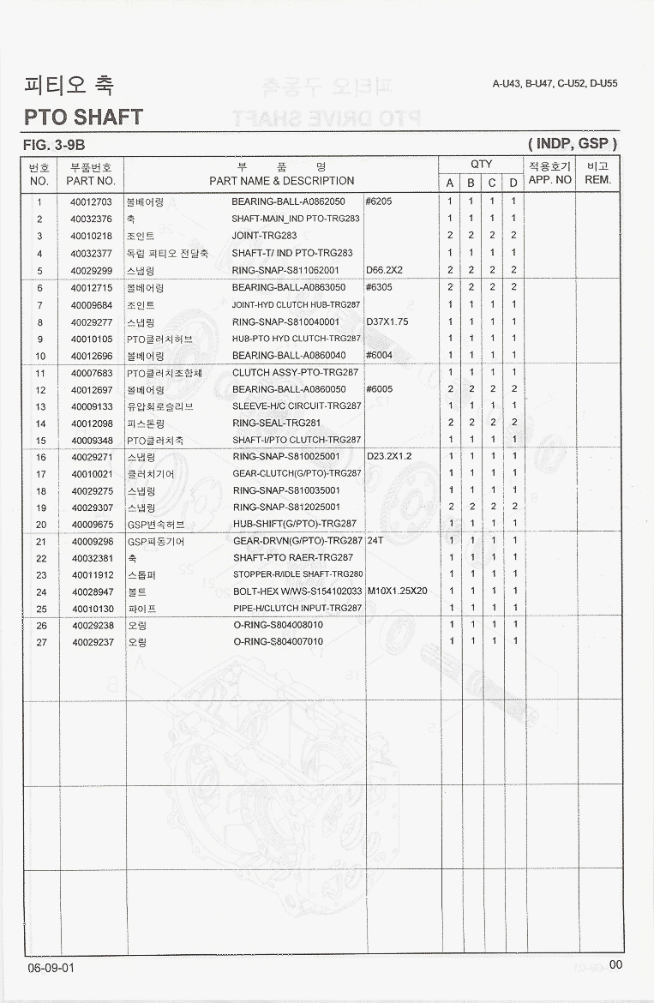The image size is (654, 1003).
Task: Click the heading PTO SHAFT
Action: click(84, 117)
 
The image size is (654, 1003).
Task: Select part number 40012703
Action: click(91, 202)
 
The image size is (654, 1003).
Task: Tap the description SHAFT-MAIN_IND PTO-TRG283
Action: click(296, 219)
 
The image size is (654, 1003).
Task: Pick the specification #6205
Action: click(379, 202)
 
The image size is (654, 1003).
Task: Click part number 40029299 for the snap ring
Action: click(91, 270)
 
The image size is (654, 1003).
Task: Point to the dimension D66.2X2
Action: click(384, 270)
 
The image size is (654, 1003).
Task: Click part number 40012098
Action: click(91, 423)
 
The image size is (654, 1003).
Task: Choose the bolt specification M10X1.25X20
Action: click(397, 591)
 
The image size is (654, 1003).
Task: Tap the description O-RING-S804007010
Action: click(278, 641)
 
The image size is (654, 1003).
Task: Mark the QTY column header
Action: click(481, 165)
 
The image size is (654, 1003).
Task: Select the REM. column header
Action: click(597, 180)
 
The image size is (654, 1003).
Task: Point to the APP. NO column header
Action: click(549, 180)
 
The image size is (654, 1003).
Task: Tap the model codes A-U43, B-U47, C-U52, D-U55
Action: click(555, 84)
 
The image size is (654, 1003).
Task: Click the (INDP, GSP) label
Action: click(573, 144)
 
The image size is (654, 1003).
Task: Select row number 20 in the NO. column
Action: click(40, 524)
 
